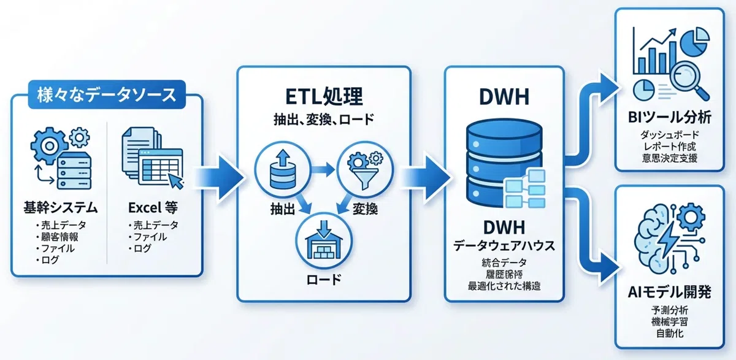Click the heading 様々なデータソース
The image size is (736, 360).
tap(106, 96)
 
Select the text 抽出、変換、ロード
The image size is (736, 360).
tap(324, 120)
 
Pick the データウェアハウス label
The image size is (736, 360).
tap(504, 246)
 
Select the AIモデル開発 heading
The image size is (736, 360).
tap(669, 293)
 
